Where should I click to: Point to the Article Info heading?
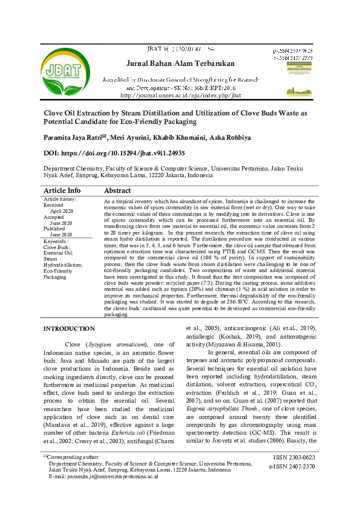(x=62, y=190)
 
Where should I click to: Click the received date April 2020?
(x=61, y=212)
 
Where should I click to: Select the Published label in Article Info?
(x=56, y=229)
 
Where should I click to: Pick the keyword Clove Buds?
(x=57, y=247)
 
